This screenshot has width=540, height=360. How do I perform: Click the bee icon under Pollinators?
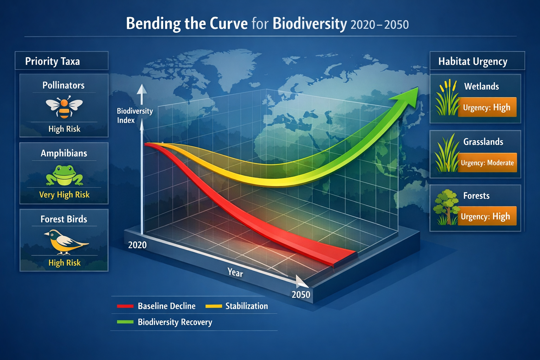64,108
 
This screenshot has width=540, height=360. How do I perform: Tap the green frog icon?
64,175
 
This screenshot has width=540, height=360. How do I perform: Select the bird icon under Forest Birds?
65,242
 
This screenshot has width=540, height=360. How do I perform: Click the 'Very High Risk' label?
64,195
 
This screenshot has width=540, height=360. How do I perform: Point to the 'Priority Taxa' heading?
52,62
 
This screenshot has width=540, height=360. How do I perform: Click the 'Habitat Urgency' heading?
472,62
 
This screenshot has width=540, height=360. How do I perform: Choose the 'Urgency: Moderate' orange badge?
487,163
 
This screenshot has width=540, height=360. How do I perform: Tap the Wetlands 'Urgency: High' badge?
487,107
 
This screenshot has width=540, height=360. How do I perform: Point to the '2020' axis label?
137,245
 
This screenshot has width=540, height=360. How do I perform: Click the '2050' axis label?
301,295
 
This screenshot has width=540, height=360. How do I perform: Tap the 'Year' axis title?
235,272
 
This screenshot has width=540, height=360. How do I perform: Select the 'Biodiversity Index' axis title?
135,116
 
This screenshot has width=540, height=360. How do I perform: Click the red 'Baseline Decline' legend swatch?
125,306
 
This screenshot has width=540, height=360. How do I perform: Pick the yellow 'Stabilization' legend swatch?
213,306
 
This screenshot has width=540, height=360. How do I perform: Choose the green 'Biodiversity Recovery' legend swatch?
125,322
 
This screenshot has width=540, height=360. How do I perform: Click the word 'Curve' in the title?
229,24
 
